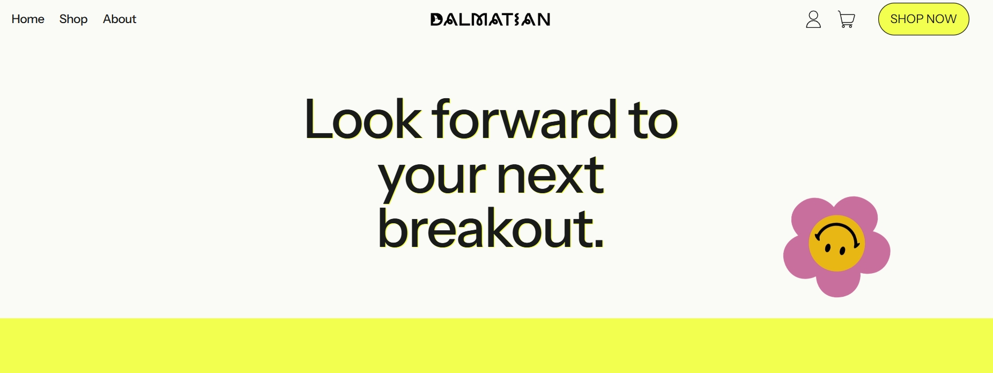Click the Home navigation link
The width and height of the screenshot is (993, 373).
coord(28,19)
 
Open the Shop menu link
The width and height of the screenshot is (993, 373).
coord(73,19)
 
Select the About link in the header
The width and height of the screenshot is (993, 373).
coord(120,19)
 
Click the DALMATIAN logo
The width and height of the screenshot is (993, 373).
coord(490,20)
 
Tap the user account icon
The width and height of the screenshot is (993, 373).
coord(813,19)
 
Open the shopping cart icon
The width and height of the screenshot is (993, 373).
coord(847,20)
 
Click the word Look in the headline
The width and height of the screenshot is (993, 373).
coord(363,119)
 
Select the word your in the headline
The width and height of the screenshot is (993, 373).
coord(432,178)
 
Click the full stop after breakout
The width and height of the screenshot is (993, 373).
coord(599,244)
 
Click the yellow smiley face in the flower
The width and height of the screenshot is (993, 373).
coord(836,243)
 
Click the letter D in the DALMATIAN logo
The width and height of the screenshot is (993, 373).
coord(437,20)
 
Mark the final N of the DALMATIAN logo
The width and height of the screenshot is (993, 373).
coord(544,20)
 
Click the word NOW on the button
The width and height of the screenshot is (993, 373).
coord(941,19)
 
